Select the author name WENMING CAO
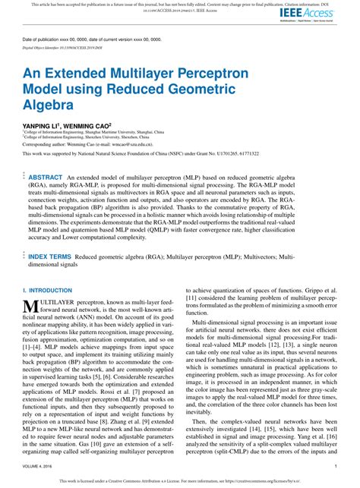[x=90, y=122]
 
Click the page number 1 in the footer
[x=335, y=467]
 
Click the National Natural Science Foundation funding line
[x=141, y=154]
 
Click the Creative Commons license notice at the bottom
[x=179, y=480]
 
